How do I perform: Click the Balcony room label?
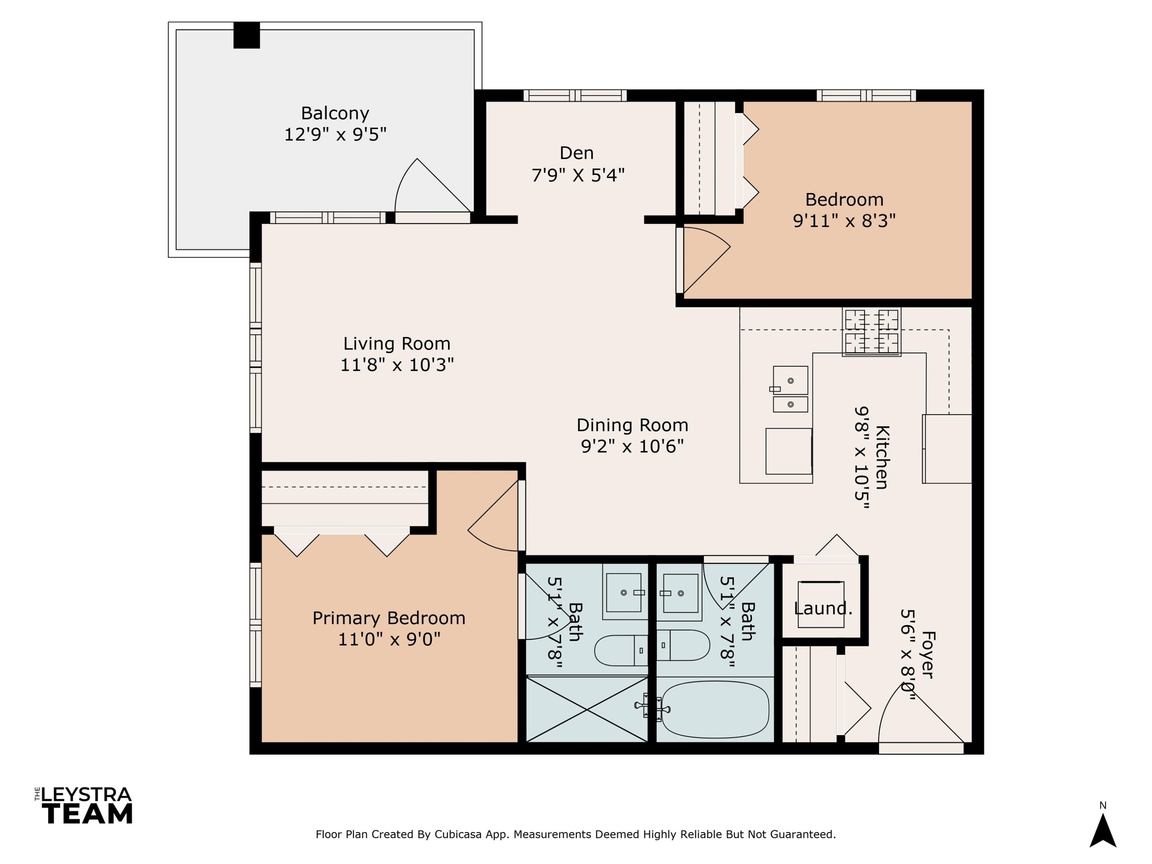(x=335, y=113)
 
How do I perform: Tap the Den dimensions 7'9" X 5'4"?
(x=578, y=175)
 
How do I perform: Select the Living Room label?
(x=397, y=344)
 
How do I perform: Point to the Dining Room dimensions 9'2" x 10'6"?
(x=632, y=446)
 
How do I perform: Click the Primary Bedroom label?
(x=389, y=618)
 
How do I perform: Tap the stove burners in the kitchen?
(x=871, y=332)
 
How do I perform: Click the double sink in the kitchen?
(x=790, y=389)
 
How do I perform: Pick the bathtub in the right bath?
(x=715, y=709)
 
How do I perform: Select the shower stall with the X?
(x=587, y=709)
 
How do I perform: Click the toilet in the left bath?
(x=621, y=650)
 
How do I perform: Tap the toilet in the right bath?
(x=683, y=645)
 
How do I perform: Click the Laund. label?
(x=823, y=608)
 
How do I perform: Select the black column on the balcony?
(x=247, y=35)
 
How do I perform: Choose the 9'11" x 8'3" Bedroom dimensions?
(x=844, y=221)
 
